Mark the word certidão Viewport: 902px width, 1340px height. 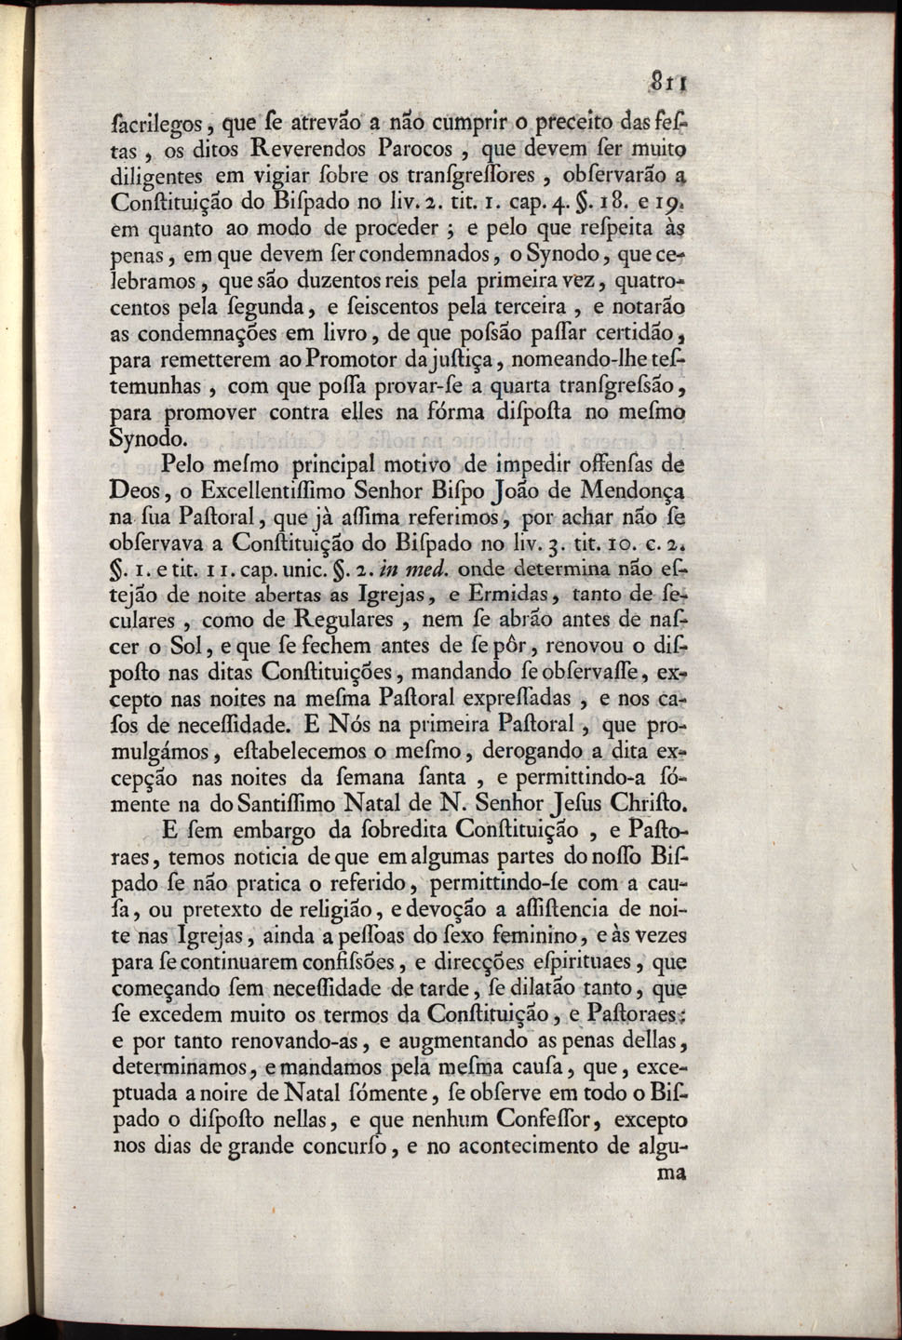[x=630, y=332]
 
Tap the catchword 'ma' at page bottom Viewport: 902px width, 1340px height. [x=670, y=1174]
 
